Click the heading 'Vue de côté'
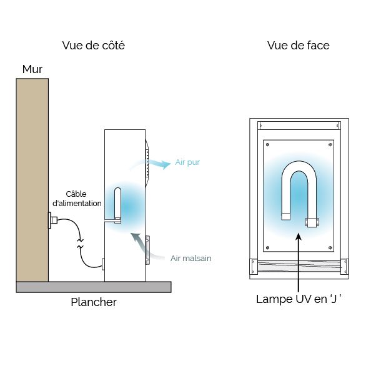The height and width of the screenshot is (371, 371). (x=94, y=45)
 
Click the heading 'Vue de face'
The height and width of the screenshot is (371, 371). (x=299, y=45)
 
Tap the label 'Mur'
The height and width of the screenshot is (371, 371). (x=32, y=69)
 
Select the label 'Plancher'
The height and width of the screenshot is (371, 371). (x=94, y=302)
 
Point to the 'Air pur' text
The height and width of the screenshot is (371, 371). (x=187, y=162)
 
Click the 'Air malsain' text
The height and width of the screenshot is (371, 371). (x=190, y=258)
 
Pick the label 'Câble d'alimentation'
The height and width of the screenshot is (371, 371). (x=77, y=199)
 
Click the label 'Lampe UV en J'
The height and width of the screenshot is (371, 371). (x=299, y=299)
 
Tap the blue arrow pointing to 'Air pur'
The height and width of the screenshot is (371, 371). (x=151, y=163)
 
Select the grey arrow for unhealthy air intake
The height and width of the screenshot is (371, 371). (x=144, y=246)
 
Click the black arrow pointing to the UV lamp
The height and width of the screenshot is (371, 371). (x=299, y=262)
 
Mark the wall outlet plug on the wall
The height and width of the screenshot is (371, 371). (x=52, y=220)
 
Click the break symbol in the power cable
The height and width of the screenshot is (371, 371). (x=81, y=244)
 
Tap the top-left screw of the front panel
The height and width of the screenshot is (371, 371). (x=267, y=144)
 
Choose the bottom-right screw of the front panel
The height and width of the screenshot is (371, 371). (x=330, y=248)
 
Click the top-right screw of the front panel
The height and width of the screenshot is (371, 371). (x=330, y=144)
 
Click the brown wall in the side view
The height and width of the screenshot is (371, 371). (x=32, y=180)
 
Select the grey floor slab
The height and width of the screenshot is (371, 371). (x=94, y=287)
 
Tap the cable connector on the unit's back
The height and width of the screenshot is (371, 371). (x=103, y=264)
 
